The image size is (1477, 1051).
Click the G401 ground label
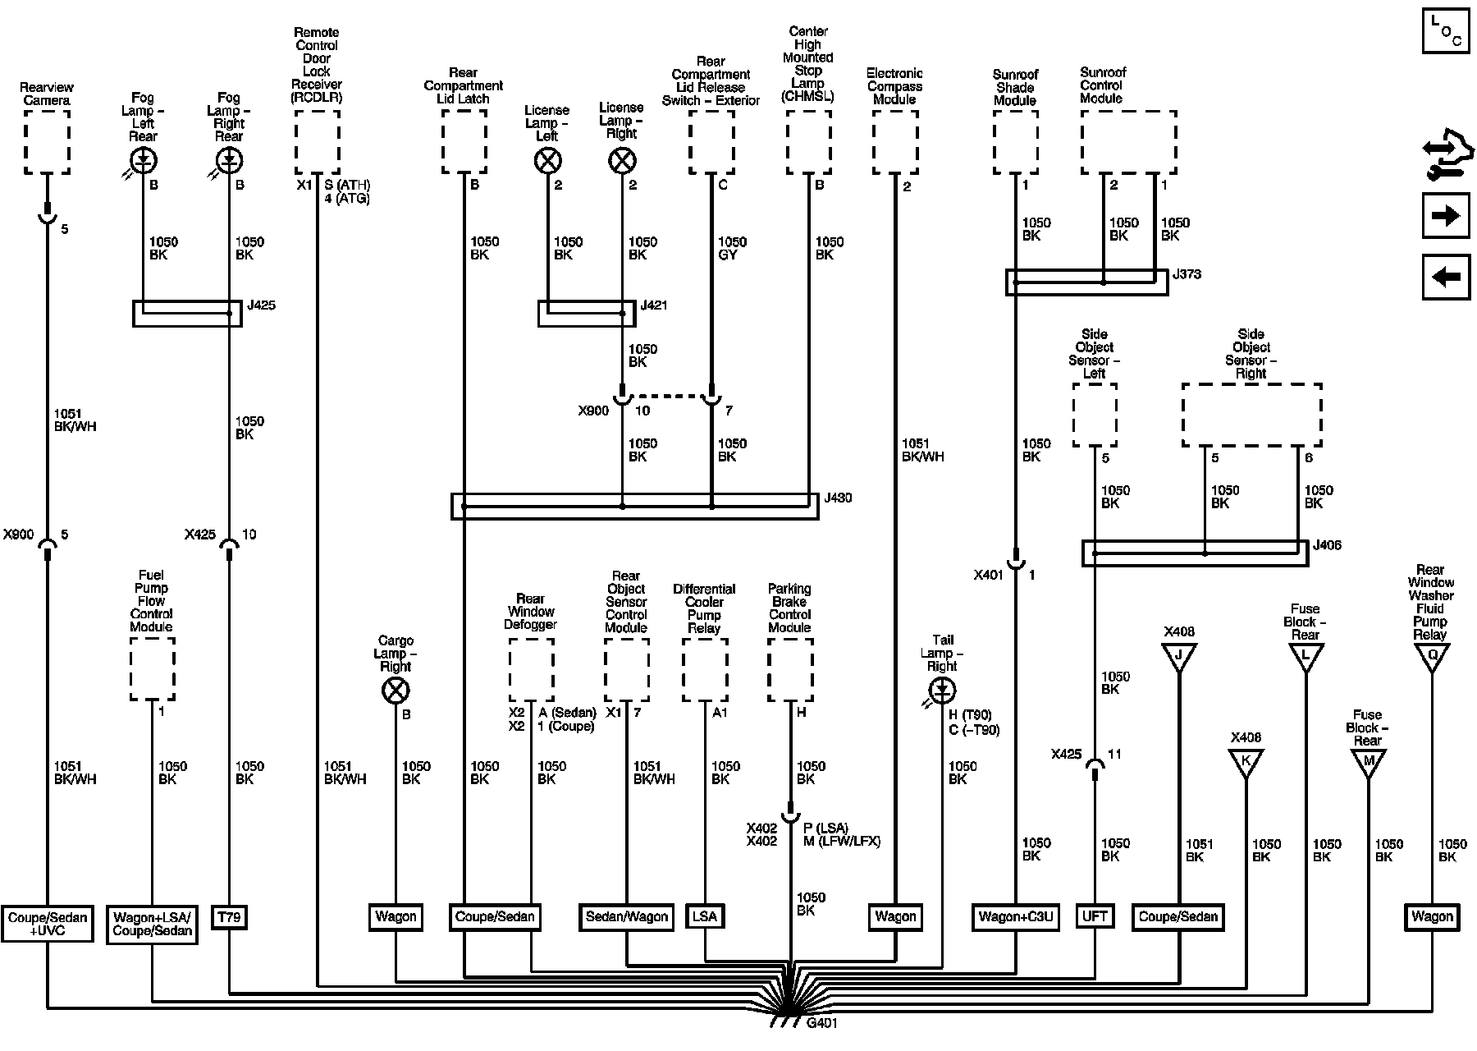click(822, 1023)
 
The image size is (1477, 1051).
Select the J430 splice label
click(838, 498)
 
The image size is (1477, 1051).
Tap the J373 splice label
click(1187, 274)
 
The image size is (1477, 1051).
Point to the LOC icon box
click(1446, 31)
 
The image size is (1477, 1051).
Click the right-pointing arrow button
click(1445, 215)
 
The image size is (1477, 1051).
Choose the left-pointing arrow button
click(1445, 277)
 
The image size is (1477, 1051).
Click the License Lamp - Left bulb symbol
click(547, 161)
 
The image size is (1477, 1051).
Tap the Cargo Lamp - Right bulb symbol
click(396, 691)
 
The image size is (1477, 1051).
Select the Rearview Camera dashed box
click(47, 142)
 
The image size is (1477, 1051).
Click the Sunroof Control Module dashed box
click(1128, 142)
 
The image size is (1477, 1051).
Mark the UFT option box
click(1095, 916)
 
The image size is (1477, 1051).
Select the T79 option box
click(229, 916)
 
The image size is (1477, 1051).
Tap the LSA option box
click(705, 916)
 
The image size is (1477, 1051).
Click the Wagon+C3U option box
click(1016, 916)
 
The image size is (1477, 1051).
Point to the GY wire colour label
click(727, 255)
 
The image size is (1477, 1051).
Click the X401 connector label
click(988, 575)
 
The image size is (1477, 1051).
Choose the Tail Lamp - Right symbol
click(942, 691)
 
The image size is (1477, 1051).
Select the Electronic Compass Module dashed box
click(894, 142)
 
